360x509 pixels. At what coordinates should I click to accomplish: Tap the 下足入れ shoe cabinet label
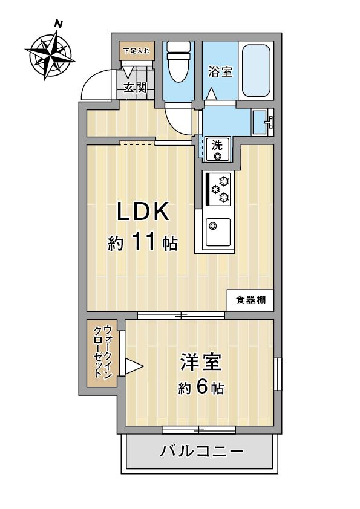click(x=137, y=51)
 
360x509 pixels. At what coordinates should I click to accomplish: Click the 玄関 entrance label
click(x=135, y=87)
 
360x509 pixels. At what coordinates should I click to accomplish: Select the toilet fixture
click(x=178, y=62)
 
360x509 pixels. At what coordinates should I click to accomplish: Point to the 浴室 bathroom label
click(x=221, y=71)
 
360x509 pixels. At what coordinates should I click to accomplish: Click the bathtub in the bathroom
click(x=256, y=71)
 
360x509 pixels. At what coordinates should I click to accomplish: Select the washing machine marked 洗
click(x=217, y=149)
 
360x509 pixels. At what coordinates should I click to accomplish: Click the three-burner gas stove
click(x=218, y=189)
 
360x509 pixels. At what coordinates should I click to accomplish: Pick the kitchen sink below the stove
click(x=218, y=232)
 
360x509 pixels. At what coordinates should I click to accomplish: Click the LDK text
click(x=143, y=212)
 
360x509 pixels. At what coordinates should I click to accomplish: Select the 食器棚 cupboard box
click(x=250, y=300)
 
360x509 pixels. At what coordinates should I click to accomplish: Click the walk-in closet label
click(x=103, y=352)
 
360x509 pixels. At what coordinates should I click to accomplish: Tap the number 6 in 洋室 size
click(x=202, y=386)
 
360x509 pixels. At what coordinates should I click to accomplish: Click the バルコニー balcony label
click(x=201, y=451)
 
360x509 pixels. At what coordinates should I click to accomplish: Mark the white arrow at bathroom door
click(x=212, y=94)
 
